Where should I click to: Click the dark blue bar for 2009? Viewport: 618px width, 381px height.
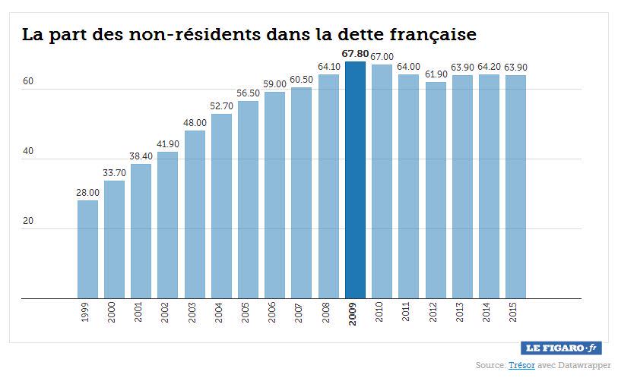pyautogui.click(x=355, y=180)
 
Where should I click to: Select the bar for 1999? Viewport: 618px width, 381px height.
pyautogui.click(x=87, y=249)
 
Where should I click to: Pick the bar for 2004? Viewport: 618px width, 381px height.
pyautogui.click(x=221, y=206)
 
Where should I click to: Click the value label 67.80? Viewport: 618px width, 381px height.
pyautogui.click(x=355, y=55)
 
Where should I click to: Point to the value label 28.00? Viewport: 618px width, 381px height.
pyautogui.click(x=87, y=194)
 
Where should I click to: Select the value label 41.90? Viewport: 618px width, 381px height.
pyautogui.click(x=168, y=145)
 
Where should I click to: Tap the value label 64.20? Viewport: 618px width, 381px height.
pyautogui.click(x=489, y=68)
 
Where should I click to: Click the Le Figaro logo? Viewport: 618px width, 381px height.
pyautogui.click(x=562, y=348)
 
